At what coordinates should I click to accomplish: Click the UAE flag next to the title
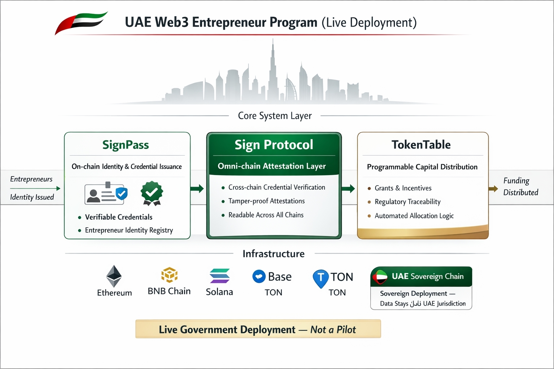point(81,22)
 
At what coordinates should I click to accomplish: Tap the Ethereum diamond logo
point(114,276)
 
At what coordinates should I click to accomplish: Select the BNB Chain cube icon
point(169,275)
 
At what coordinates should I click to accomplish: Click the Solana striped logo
point(219,276)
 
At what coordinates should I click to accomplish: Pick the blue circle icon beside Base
point(259,276)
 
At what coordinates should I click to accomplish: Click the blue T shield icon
point(320,278)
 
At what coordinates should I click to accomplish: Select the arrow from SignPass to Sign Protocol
point(197,188)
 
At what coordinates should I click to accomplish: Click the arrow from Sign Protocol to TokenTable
point(348,188)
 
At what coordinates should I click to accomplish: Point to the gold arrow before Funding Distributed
point(493,189)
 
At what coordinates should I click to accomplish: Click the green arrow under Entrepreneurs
point(35,188)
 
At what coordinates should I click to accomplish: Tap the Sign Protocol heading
point(274,145)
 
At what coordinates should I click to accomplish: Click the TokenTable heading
point(421,145)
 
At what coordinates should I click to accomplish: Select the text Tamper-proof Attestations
point(267,201)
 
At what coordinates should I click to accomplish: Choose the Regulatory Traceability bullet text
point(408,202)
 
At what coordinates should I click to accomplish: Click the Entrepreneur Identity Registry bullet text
point(129,230)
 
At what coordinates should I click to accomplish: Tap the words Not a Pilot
point(333,329)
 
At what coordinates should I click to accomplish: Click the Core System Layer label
point(274,116)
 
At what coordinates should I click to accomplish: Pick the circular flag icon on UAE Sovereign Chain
point(379,277)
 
